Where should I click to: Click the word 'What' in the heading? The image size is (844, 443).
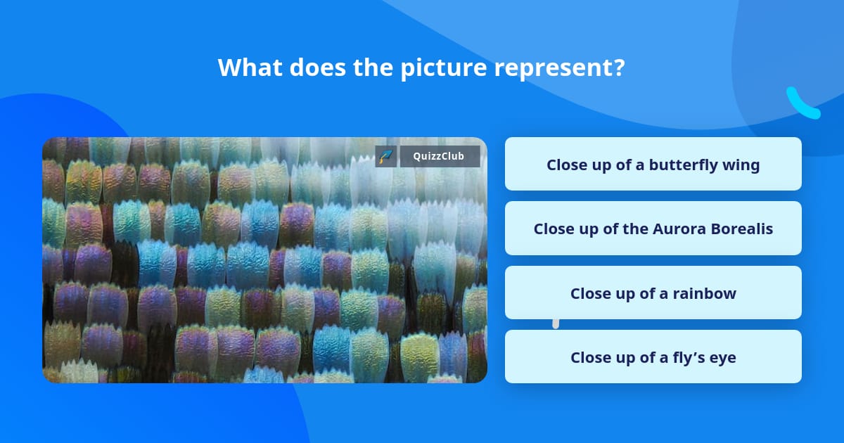pos(250,68)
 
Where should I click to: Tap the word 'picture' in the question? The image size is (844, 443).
pos(444,70)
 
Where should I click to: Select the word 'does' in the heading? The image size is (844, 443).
pos(318,68)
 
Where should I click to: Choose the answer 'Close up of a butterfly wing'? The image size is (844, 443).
pos(653,164)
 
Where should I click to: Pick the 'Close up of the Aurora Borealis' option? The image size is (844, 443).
pos(653,229)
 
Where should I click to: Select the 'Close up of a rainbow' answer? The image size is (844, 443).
pos(653,293)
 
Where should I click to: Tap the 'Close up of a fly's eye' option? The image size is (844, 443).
pos(653,357)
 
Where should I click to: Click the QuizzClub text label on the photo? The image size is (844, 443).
pos(439,156)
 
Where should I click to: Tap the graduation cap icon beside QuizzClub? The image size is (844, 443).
pos(386,156)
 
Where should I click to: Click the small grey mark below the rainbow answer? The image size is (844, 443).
pos(556,323)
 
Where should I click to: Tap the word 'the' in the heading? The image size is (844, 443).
pos(373,68)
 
